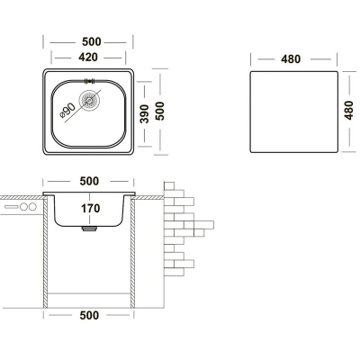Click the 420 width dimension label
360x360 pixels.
pyautogui.click(x=88, y=57)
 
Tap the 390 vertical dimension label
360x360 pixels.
pyautogui.click(x=145, y=113)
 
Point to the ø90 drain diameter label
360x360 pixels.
pyautogui.click(x=67, y=111)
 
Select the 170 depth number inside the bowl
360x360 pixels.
pyautogui.click(x=90, y=208)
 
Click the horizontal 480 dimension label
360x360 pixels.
pyautogui.click(x=291, y=59)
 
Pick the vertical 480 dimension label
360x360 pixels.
pyautogui.click(x=348, y=110)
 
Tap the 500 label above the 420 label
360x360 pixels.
pyautogui.click(x=92, y=41)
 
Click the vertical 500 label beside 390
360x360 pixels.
pyautogui.click(x=160, y=111)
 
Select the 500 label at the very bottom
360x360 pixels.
pyautogui.click(x=89, y=315)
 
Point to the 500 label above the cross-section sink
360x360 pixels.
pyautogui.click(x=89, y=181)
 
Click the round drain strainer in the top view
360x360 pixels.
pyautogui.click(x=88, y=100)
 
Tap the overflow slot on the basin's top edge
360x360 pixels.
pyautogui.click(x=90, y=81)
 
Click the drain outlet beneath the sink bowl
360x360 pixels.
pyautogui.click(x=89, y=229)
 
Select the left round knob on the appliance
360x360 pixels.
pyautogui.click(x=23, y=207)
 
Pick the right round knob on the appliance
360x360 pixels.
pyautogui.click(x=32, y=207)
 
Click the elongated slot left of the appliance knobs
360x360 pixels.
pyautogui.click(x=12, y=207)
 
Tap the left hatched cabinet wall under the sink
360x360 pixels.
pyautogui.click(x=46, y=253)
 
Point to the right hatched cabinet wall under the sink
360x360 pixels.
pyautogui.click(x=132, y=253)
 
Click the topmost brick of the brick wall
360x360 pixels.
pyautogui.click(x=169, y=185)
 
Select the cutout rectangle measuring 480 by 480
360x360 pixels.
pyautogui.click(x=294, y=112)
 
